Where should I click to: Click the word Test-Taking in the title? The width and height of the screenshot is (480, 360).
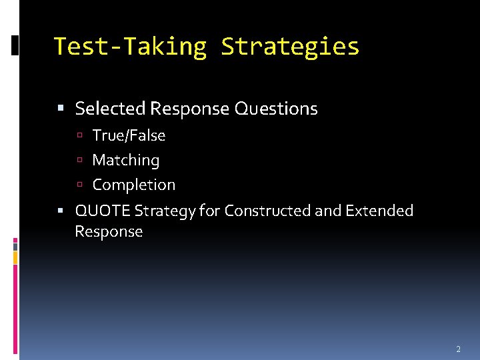pos(130,47)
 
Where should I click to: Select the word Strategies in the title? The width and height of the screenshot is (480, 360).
pos(290,47)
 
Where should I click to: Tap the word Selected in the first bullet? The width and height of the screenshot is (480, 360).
pos(110,108)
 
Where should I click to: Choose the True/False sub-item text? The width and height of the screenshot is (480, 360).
pos(129,135)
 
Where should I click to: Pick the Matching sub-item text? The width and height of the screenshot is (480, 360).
pos(125,160)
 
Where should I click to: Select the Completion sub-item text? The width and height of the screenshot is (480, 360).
pos(133,185)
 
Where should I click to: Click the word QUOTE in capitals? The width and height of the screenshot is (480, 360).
pos(103,211)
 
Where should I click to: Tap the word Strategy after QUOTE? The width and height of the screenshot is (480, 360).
pos(165,211)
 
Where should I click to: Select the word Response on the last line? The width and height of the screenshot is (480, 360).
pos(109,232)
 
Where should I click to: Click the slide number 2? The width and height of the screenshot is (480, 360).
pos(458,349)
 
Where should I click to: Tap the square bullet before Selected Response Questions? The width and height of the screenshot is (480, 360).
pos(61,109)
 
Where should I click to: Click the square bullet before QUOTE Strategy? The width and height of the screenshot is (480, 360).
pos(61,211)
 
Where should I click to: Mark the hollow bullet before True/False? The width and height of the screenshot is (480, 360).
pos(79,136)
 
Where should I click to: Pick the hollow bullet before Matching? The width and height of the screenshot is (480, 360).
pos(79,161)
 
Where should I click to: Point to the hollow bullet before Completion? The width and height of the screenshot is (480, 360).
pos(79,185)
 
